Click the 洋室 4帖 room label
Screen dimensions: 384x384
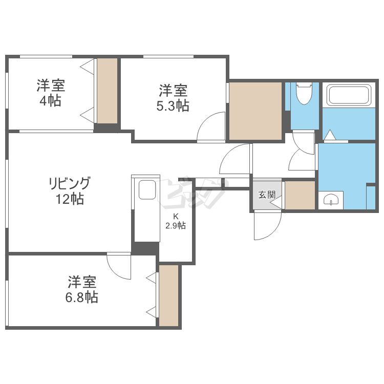50,93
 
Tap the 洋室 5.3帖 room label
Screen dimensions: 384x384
173,98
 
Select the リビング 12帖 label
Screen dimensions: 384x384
70,190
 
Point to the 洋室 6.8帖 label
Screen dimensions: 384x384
82,289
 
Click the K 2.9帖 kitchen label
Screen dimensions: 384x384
175,221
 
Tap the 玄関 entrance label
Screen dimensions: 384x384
267,195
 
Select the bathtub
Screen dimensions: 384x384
349,95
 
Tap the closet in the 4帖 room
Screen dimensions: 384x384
108,91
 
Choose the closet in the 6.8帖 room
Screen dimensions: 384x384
169,295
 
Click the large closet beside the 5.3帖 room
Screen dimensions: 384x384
255,110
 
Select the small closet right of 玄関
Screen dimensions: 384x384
300,195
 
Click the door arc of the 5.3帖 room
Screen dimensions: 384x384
210,126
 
